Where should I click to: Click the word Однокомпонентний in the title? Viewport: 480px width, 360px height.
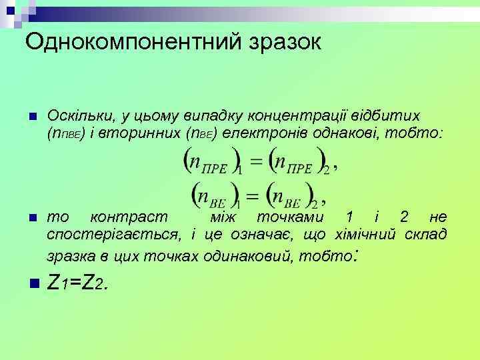click(127, 43)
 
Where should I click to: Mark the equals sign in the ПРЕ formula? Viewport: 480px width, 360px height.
click(254, 163)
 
